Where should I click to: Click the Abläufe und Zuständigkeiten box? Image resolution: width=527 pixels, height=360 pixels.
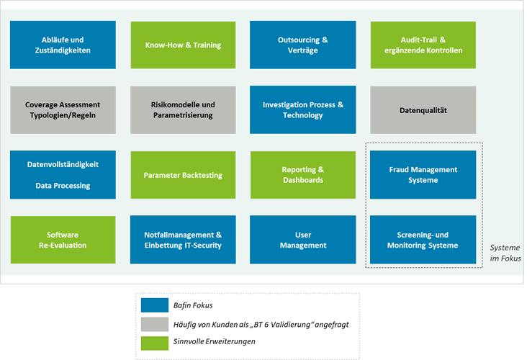point(63,45)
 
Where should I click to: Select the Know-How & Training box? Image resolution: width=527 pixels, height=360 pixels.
point(183,45)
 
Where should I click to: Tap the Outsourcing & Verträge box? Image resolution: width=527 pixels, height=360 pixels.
point(302,45)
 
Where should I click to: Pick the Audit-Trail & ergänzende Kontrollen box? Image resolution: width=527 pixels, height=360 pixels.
point(423,45)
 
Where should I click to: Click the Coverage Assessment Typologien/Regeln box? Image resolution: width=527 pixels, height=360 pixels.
point(63,110)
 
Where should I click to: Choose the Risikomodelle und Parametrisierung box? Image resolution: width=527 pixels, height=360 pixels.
point(183,110)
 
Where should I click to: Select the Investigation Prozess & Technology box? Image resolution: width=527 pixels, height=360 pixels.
point(302,110)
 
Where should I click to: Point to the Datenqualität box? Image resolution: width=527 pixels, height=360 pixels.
point(423,110)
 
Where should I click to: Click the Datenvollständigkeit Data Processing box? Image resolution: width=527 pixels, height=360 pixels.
point(63,175)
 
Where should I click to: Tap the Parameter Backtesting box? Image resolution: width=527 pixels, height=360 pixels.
point(183,175)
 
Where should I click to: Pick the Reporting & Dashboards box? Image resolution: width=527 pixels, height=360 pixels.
point(302,175)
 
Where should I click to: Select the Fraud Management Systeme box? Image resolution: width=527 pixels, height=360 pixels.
point(423,175)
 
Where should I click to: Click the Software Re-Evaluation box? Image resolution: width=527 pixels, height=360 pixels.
point(63,240)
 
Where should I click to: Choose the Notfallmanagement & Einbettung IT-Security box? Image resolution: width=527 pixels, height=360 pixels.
point(183,240)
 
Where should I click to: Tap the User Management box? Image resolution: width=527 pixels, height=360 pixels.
point(302,240)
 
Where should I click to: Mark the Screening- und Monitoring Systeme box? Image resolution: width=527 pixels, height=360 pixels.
point(423,240)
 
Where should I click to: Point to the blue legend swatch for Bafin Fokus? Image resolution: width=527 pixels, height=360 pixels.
point(155,305)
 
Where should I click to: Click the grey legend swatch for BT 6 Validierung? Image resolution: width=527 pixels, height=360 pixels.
point(155,324)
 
